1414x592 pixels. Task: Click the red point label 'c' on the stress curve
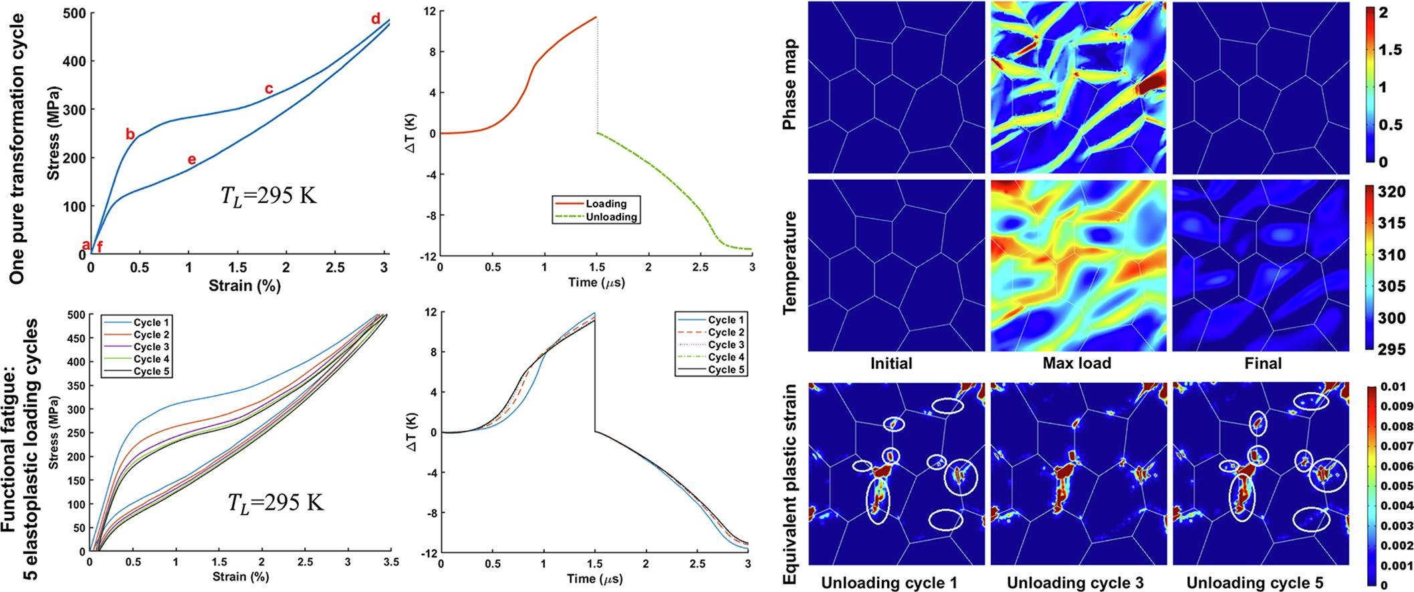pyautogui.click(x=269, y=88)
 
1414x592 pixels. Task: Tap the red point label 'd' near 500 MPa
pyautogui.click(x=376, y=19)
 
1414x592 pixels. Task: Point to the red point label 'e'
pyautogui.click(x=192, y=159)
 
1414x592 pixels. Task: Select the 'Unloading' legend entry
pyautogui.click(x=610, y=216)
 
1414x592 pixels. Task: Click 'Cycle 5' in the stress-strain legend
pyautogui.click(x=150, y=371)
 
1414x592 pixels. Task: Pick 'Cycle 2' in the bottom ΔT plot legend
pyautogui.click(x=727, y=332)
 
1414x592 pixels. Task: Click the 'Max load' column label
pyautogui.click(x=1076, y=363)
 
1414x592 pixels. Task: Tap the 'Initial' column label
pyautogui.click(x=891, y=363)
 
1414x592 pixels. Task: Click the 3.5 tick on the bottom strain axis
pyautogui.click(x=390, y=563)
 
